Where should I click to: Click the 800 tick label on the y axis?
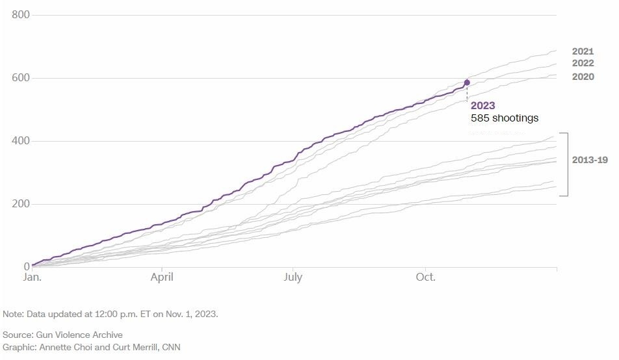(20, 15)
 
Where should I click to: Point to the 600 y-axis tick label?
(20, 78)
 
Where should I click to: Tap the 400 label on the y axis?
(20, 141)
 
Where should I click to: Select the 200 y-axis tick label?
(20, 204)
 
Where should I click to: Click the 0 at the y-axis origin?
(26, 266)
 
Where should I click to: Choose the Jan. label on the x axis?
(33, 277)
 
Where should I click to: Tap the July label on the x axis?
(293, 277)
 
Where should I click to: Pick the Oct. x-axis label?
(426, 277)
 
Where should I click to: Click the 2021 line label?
(583, 51)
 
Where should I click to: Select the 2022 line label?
(583, 64)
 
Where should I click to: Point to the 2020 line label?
(583, 77)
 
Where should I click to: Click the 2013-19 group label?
(590, 160)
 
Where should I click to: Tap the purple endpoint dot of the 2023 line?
(467, 83)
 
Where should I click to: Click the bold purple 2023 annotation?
(483, 105)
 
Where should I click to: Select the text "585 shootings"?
(505, 118)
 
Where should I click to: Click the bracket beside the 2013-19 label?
(568, 164)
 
